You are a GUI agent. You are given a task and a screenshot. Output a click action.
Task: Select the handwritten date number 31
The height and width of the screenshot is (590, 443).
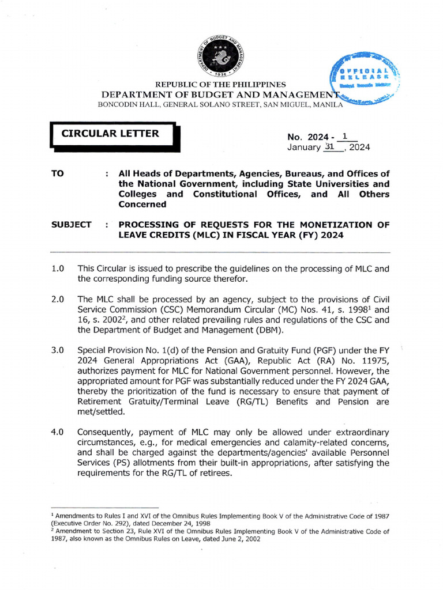click(330, 147)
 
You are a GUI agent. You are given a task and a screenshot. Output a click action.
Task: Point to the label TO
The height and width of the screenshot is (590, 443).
click(58, 173)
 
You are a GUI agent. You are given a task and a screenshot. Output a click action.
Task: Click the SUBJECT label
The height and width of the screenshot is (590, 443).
click(71, 225)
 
